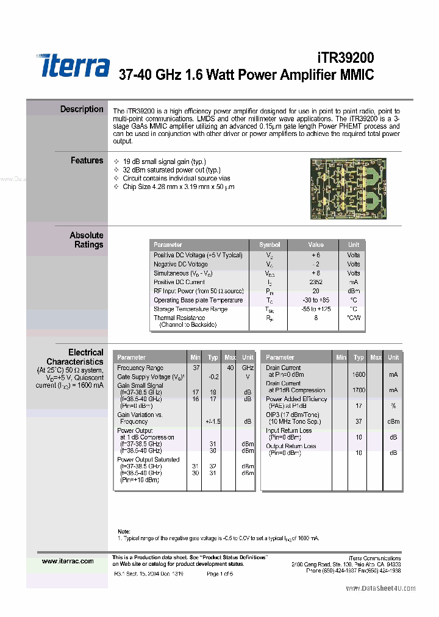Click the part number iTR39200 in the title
(x=346, y=57)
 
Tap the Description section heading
(x=82, y=109)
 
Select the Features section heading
(x=87, y=160)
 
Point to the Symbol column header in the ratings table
(x=269, y=244)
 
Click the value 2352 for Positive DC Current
(x=316, y=282)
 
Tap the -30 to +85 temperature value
(x=316, y=300)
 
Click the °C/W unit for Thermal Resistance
(x=354, y=318)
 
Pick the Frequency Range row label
(x=140, y=368)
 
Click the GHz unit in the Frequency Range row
(x=248, y=368)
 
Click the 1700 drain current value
(x=359, y=390)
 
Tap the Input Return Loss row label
(x=288, y=430)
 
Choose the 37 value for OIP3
(x=359, y=421)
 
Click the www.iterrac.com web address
(x=68, y=561)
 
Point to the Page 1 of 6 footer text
(x=220, y=574)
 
